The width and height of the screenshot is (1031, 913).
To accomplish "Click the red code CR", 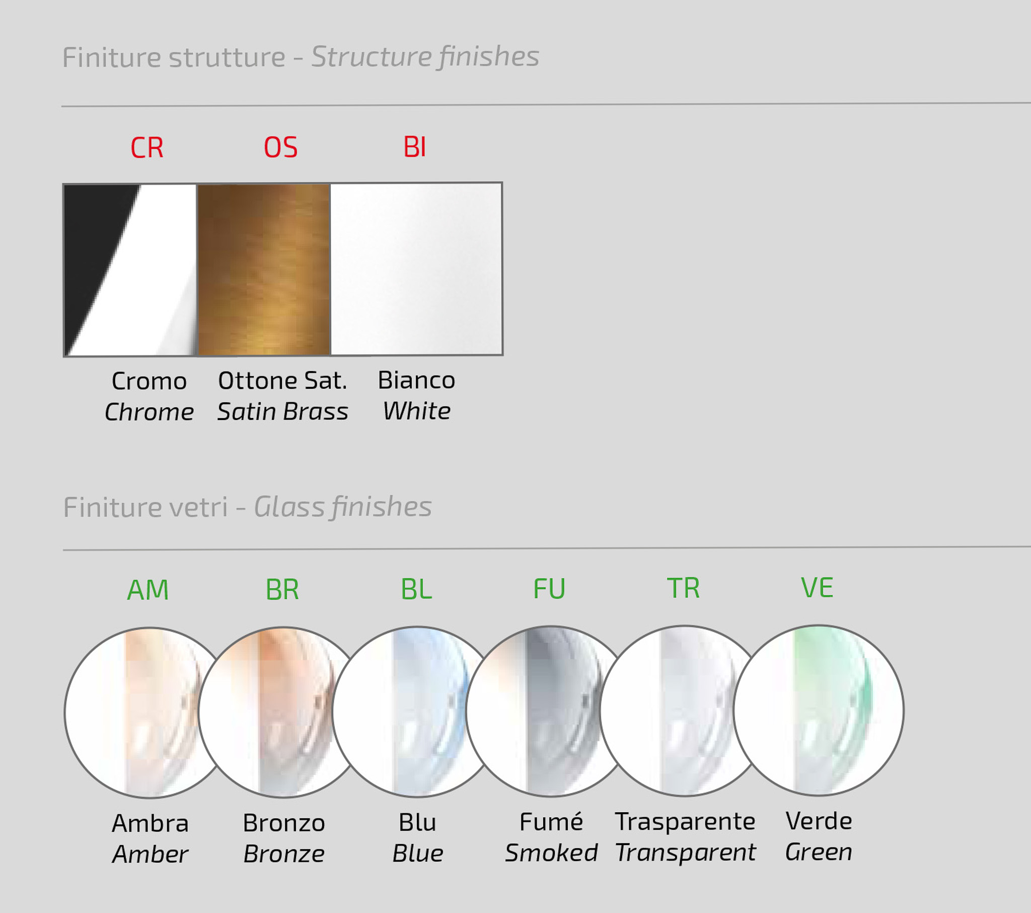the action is point(147,148).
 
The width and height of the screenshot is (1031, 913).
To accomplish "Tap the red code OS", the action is point(281,148).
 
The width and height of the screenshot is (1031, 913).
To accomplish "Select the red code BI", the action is point(415,147).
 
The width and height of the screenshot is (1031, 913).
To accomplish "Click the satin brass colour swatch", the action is point(264,269).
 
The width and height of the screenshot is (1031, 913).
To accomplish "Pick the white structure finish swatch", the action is point(417,269).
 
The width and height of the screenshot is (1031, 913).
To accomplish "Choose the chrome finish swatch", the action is point(130,270).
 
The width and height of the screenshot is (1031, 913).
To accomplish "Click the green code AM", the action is point(148,590).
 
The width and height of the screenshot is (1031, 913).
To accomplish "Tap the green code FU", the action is point(549,589).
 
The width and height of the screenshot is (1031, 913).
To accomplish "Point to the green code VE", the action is point(817,588).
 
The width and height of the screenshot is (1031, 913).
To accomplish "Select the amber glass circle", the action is point(150,713).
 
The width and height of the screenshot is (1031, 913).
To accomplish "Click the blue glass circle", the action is point(417,712).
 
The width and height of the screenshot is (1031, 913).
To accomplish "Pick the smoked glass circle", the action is point(551,711).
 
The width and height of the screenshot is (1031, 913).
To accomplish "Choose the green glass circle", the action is point(819,711).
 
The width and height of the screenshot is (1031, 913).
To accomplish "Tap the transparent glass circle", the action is point(685,711).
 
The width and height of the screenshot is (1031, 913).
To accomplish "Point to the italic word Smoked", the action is point(551,853).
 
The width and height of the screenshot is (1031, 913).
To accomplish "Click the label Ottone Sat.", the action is point(282,381).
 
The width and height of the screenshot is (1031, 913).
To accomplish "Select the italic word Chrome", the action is point(150,412).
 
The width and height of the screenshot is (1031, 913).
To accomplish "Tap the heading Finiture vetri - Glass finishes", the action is point(247,507).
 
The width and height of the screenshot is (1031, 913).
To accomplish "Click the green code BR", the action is point(282,590).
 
